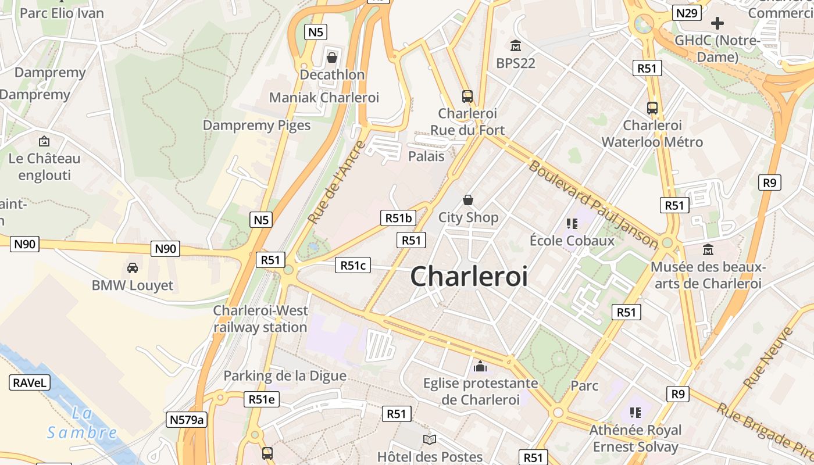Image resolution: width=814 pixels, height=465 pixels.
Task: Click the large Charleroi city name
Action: point(469,276)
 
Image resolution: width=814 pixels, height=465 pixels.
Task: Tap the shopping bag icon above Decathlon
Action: point(332,57)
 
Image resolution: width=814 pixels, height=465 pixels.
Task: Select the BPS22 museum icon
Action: point(515,45)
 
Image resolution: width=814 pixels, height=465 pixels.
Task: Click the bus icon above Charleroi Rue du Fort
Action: point(467,96)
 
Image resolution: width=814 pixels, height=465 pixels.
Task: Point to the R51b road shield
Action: point(398,218)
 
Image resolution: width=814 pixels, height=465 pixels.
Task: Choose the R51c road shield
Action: point(353,266)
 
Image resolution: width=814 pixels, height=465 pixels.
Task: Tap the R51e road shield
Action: point(261,399)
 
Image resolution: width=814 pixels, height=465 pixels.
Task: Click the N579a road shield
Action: point(186,420)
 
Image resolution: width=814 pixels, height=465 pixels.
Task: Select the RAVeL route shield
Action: point(30,382)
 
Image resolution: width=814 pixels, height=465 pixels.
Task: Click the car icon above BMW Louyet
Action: point(133,268)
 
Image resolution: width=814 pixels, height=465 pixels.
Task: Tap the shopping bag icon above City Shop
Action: point(468,201)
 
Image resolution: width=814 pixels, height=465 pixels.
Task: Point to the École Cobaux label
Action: point(572,241)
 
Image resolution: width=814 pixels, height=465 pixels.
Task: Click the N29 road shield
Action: point(687,13)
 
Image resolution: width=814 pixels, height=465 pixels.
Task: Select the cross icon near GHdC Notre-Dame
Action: point(717,23)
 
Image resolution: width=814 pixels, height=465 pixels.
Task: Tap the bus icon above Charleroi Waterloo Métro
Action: point(652,108)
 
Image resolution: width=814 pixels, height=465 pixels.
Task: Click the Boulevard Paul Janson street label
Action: point(593,203)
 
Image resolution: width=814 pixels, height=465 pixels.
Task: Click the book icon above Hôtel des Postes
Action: point(430,439)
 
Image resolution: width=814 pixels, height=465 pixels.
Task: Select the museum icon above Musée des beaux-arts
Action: point(708,250)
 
